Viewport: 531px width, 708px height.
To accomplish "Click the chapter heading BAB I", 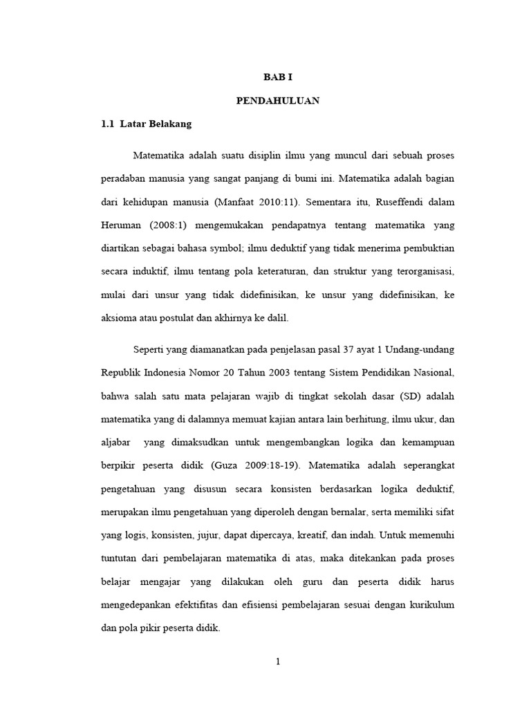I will click(x=277, y=78).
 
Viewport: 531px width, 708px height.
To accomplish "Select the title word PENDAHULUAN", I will click(x=277, y=101).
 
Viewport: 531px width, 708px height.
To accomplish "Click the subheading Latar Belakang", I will click(x=156, y=124).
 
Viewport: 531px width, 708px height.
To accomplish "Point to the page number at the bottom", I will click(x=277, y=661).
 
